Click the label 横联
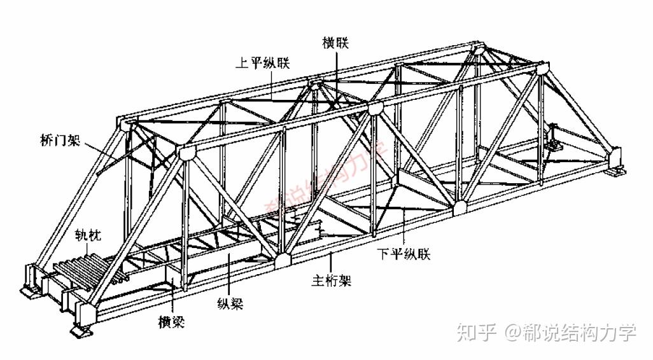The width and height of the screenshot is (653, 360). (336, 43)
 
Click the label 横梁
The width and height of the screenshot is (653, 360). (171, 322)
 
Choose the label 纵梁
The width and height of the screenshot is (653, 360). (231, 303)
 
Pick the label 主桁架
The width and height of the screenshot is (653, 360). (331, 280)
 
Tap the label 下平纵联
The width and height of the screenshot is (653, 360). (405, 254)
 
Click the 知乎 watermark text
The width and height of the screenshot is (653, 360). (476, 332)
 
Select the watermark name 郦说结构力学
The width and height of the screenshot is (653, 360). (580, 332)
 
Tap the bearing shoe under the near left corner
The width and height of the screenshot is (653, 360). (80, 331)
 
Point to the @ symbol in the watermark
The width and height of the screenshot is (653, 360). (513, 333)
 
